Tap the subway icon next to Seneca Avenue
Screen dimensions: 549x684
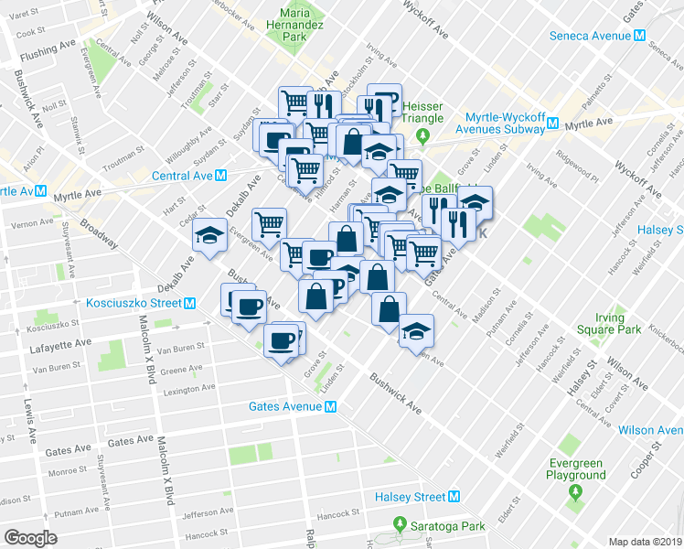click(640, 36)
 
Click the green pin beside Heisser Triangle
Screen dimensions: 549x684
click(422, 136)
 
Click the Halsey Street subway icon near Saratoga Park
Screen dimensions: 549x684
click(454, 497)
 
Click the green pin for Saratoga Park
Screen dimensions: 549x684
click(399, 525)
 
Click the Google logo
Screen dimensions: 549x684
click(30, 538)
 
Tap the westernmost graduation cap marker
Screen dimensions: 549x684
click(209, 235)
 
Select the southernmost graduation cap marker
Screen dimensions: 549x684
click(417, 328)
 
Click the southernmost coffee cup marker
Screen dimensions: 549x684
click(280, 340)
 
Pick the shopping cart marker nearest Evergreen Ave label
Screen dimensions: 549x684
click(269, 222)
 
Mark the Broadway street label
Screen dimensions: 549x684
click(98, 232)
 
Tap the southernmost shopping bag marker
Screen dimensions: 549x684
click(389, 307)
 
